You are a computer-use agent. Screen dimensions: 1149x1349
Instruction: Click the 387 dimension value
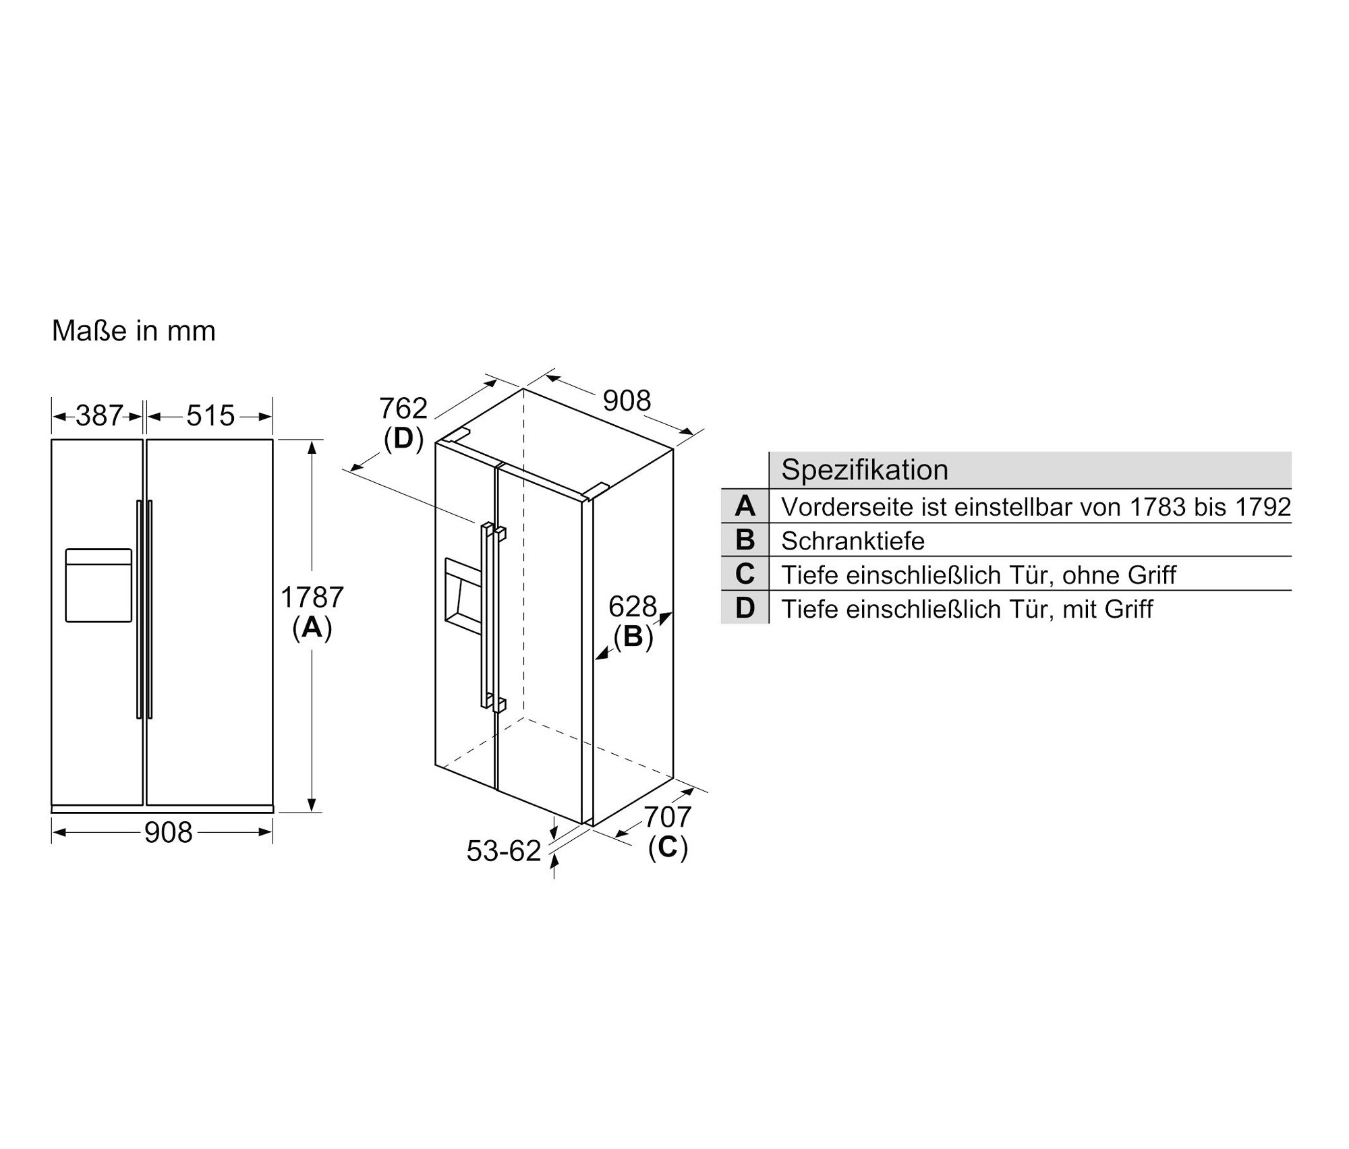99,415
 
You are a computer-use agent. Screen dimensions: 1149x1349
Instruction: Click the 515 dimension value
210,415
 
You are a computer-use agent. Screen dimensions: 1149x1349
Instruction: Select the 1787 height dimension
312,597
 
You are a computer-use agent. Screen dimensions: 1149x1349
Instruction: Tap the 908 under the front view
168,833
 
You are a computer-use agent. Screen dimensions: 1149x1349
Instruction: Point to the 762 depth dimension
403,409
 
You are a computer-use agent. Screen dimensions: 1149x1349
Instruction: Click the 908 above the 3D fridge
627,401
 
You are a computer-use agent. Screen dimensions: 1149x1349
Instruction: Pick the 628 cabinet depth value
632,607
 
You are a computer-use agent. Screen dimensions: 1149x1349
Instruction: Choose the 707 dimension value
667,817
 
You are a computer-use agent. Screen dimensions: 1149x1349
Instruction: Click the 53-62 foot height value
504,851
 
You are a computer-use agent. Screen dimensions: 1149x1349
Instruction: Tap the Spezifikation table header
865,470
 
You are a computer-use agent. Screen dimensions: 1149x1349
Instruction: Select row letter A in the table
745,506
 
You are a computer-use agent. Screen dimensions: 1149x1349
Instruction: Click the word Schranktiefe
853,541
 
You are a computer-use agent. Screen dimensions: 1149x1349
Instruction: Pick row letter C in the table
745,574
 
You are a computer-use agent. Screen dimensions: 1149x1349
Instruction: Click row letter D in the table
745,608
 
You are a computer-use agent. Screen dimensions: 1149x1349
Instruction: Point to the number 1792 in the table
1263,507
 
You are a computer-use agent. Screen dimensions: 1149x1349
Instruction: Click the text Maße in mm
134,331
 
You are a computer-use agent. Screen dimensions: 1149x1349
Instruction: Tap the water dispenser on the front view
98,585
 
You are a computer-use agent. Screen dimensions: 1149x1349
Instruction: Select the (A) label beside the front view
312,628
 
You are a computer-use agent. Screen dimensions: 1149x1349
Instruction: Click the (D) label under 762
403,439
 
